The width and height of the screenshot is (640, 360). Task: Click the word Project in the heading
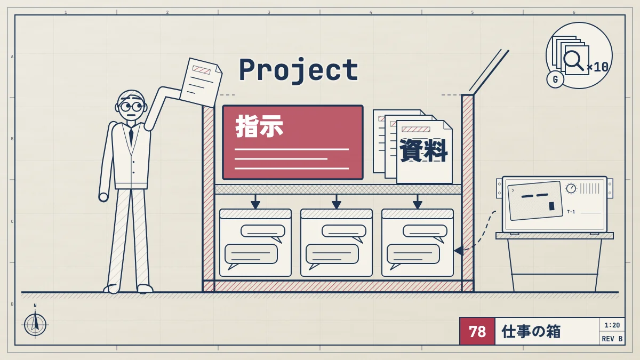click(299, 70)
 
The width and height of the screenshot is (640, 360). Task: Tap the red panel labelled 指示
click(293, 142)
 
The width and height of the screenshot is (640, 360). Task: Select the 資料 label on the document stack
click(423, 150)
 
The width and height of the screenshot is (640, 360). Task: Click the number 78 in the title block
click(477, 331)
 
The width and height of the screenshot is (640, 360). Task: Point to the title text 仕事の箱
click(531, 331)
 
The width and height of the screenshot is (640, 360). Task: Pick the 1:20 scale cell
click(612, 325)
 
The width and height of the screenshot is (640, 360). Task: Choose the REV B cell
click(612, 339)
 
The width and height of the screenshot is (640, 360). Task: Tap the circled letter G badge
click(555, 79)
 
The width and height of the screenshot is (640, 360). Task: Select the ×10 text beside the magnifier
click(597, 67)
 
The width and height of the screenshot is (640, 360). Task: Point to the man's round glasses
click(131, 107)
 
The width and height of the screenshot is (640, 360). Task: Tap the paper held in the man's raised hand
click(201, 83)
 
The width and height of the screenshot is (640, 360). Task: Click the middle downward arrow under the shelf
click(337, 202)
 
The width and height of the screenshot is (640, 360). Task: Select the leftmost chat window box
click(255, 243)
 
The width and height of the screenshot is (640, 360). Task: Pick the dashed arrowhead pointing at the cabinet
click(459, 251)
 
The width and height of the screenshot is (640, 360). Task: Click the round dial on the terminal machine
click(571, 188)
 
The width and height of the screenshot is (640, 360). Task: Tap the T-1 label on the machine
click(571, 212)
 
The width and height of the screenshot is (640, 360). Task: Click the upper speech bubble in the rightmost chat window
click(425, 232)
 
